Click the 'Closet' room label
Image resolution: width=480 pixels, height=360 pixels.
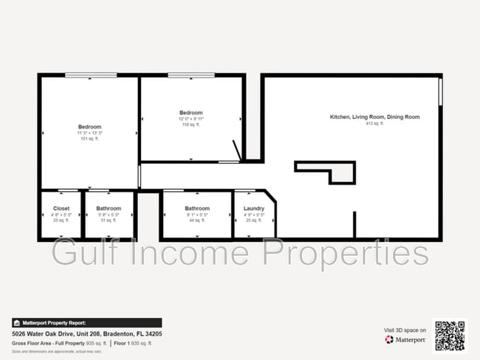(61, 209)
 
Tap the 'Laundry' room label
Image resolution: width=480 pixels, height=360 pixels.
(254, 209)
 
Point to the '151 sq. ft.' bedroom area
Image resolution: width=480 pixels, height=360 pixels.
(89, 138)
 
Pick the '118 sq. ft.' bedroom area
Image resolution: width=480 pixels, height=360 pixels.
(190, 125)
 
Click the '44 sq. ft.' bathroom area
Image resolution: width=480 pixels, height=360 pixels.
(197, 221)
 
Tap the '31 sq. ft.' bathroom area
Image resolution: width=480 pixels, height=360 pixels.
(108, 221)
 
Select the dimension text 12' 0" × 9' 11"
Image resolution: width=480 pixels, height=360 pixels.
(190, 119)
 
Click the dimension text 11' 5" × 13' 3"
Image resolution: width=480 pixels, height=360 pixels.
(89, 133)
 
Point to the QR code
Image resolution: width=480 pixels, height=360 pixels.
(450, 335)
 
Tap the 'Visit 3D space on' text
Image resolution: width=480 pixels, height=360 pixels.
(404, 330)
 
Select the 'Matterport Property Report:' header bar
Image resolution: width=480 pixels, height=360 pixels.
(87, 322)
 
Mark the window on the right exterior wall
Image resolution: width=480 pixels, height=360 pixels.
(440, 92)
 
